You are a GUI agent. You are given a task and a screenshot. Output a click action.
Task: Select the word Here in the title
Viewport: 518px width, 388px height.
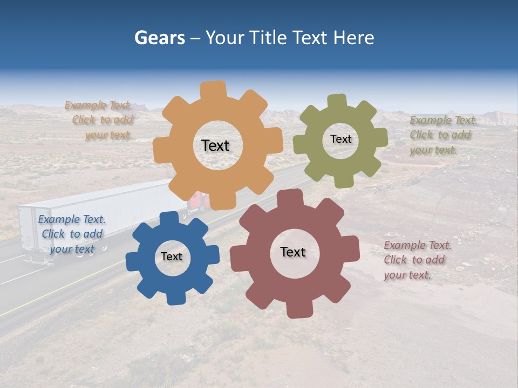click(353, 38)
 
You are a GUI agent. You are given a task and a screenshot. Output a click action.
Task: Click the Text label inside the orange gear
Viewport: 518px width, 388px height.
click(215, 145)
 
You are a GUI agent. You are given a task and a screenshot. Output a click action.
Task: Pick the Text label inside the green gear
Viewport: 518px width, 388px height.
click(340, 139)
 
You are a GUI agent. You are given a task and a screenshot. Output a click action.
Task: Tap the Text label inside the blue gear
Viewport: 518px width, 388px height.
click(172, 257)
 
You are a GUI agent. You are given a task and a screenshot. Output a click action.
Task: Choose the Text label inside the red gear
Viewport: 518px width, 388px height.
click(293, 252)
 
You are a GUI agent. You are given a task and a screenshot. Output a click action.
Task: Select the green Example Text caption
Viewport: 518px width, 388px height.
click(442, 135)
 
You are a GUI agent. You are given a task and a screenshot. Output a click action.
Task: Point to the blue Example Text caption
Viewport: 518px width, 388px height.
click(72, 234)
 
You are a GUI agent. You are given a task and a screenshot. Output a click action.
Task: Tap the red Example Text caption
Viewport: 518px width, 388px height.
click(417, 260)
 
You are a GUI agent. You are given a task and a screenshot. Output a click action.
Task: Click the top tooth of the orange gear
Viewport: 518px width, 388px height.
click(214, 89)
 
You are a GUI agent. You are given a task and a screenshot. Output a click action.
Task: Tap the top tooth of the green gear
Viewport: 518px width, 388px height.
click(337, 101)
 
